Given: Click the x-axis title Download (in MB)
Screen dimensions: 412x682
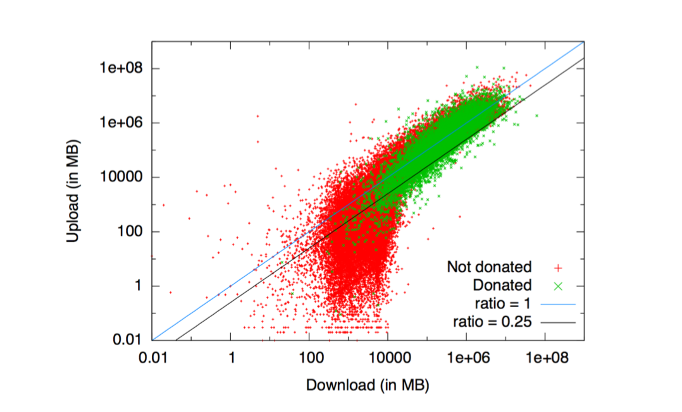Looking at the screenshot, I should [368, 385].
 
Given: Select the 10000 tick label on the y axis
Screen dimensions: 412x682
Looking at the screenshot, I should [124, 177].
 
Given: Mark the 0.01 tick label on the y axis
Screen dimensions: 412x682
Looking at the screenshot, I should [129, 340].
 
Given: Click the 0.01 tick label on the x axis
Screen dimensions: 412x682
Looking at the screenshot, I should [152, 358].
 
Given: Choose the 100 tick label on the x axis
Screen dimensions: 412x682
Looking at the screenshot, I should [309, 358].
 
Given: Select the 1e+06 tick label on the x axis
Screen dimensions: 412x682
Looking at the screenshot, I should [466, 358].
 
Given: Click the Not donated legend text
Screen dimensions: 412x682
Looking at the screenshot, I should [489, 267].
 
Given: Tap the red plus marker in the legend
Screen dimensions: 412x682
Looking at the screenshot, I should [558, 267].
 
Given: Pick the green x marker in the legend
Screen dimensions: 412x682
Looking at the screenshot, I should [558, 286].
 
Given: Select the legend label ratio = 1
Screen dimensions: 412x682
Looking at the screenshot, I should [504, 304].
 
